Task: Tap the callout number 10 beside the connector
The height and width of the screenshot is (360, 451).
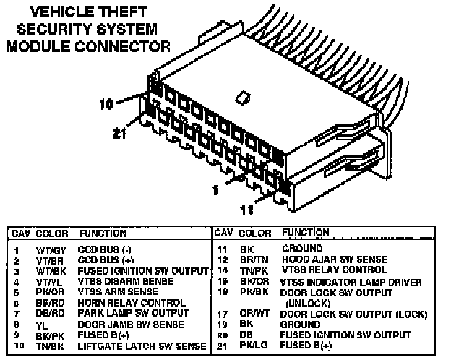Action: pyautogui.click(x=106, y=104)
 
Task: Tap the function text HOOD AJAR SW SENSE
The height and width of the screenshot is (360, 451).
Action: pyautogui.click(x=334, y=259)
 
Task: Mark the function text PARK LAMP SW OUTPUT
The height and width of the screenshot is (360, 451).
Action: pyautogui.click(x=123, y=314)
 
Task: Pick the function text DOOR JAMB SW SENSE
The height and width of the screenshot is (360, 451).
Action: pyautogui.click(x=119, y=325)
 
